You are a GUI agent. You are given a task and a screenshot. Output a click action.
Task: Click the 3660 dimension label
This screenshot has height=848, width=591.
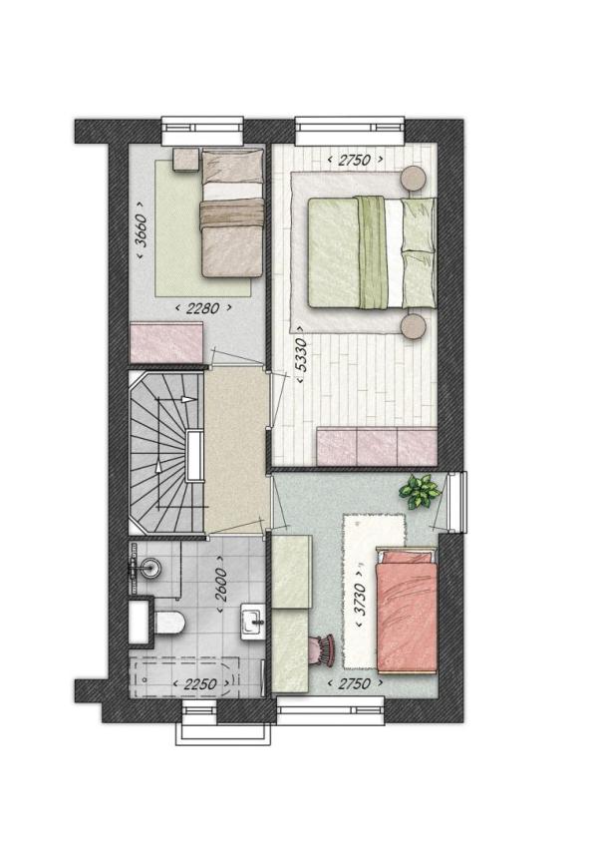pos(141,230)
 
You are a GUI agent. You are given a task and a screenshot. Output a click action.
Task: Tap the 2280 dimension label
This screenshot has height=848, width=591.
pos(203,308)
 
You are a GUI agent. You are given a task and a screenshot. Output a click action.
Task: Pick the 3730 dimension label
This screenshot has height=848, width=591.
pos(361,599)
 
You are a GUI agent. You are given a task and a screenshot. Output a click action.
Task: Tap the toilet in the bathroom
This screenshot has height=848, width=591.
pos(169,622)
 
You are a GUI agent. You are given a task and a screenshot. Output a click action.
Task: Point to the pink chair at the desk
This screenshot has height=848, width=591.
pos(322,649)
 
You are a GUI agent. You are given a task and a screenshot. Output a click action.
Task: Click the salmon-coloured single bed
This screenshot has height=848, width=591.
pos(407,610)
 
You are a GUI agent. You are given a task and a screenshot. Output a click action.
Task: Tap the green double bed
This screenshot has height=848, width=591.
pos(372,253)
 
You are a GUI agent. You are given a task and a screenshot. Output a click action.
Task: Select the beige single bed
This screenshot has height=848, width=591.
pos(232,212)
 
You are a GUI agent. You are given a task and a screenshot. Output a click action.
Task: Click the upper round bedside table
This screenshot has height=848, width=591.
pos(415,178)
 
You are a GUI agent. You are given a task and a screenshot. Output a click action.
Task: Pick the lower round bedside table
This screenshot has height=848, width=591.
pos(415,326)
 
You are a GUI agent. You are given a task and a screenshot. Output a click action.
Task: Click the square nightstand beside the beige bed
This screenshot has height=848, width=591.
pos(186,160)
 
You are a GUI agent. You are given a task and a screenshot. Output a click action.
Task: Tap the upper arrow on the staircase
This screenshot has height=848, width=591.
pos(188,400)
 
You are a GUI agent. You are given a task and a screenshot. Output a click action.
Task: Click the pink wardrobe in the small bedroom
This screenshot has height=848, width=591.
pos(166,343)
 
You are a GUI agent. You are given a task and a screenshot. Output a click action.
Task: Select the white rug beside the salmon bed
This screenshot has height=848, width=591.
pos(375,593)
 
